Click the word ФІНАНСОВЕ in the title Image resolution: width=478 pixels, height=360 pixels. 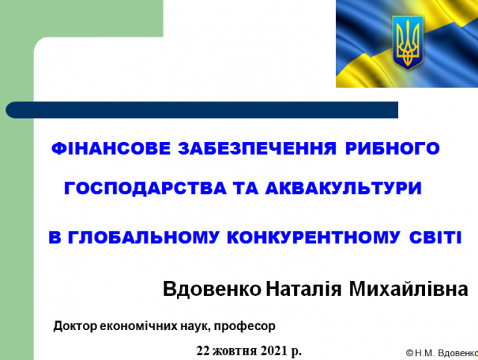tap(111, 149)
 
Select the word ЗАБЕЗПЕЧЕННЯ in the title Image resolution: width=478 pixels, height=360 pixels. tap(257, 149)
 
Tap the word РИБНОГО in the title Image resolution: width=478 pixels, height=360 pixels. tap(393, 149)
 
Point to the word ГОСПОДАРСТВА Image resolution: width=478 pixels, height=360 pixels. tap(146, 188)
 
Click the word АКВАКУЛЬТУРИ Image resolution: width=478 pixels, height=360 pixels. tap(344, 188)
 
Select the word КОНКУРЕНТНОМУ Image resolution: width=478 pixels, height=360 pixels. tap(314, 238)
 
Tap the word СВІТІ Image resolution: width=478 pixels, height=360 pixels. tap(435, 238)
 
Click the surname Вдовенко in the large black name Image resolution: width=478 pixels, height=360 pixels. tap(212, 288)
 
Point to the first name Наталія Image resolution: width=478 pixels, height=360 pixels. tap(304, 288)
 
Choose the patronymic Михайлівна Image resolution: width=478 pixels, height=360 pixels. tap(409, 288)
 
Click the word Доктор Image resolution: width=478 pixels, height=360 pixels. tap(75, 326)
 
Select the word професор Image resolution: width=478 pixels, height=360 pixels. tap(244, 327)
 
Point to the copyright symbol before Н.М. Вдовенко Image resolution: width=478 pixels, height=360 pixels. tap(410, 353)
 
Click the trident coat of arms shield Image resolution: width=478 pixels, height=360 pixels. tap(408, 43)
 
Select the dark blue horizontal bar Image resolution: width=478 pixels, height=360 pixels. tap(202, 110)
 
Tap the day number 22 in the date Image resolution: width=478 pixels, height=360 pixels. tap(202, 350)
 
